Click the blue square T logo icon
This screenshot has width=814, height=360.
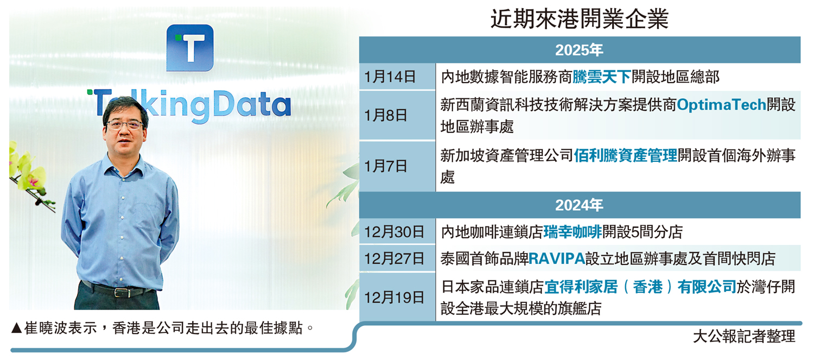click(190, 48)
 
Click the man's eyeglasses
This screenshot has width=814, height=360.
click(125, 125)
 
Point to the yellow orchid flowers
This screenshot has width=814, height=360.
click(27, 171)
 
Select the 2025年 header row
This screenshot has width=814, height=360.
click(580, 50)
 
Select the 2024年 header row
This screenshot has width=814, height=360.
click(580, 205)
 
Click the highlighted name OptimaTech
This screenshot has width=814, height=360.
click(721, 105)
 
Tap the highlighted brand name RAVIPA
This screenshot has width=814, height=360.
click(557, 258)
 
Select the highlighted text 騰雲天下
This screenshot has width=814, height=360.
click(602, 77)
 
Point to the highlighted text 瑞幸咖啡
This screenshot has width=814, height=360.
click(573, 232)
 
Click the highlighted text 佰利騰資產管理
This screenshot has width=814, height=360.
click(626, 156)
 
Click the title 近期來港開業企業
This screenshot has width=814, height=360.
click(580, 19)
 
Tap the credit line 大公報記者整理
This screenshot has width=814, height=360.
click(744, 336)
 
